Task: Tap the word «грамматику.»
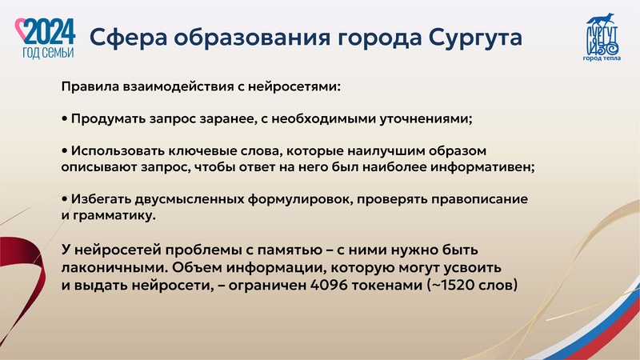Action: click(x=112, y=215)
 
